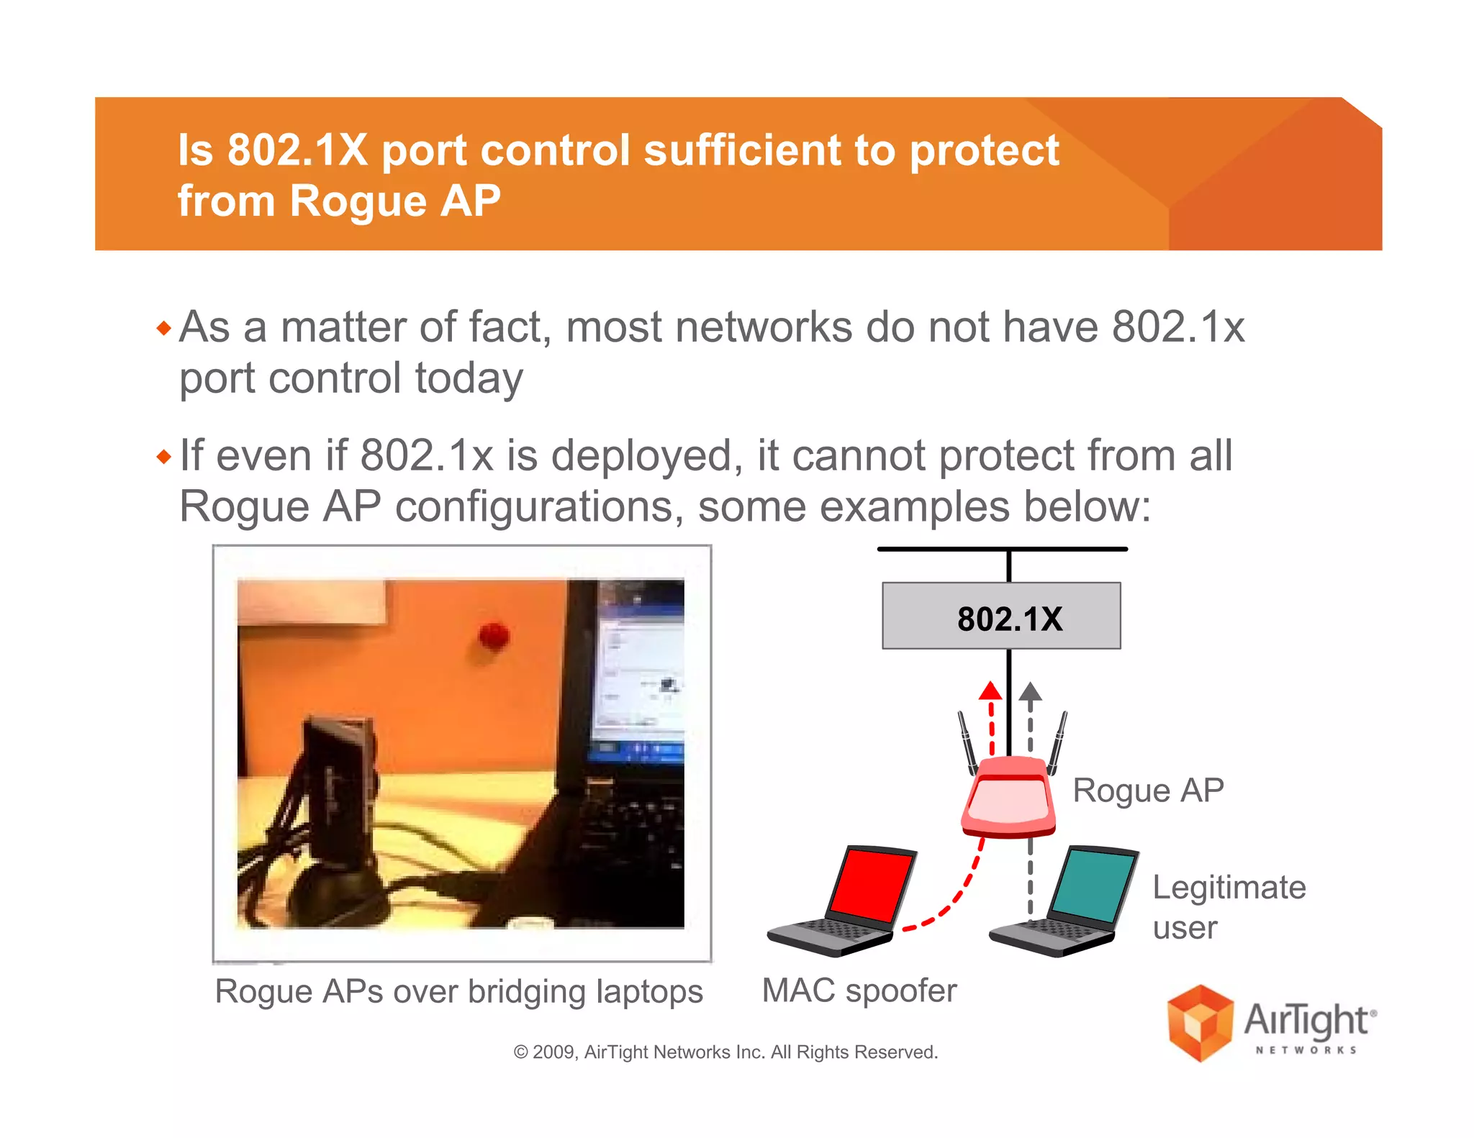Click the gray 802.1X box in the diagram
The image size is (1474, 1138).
click(1001, 616)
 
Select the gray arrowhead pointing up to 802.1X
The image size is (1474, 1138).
click(1031, 692)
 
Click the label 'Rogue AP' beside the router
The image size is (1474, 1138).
click(1148, 791)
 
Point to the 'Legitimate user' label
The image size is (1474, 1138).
click(1229, 906)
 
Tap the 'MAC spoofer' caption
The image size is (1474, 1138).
click(859, 991)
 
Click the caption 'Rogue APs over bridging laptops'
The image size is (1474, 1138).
click(458, 991)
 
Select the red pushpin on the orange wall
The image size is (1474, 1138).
click(494, 634)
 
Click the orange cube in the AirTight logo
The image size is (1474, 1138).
click(1200, 1023)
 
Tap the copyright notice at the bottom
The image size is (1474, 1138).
click(725, 1052)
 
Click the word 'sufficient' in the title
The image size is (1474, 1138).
click(741, 150)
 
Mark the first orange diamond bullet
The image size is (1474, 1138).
click(164, 329)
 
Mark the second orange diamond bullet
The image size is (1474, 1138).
click(164, 457)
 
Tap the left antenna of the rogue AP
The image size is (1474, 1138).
click(967, 741)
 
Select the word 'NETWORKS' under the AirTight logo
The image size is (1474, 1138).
click(1306, 1050)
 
